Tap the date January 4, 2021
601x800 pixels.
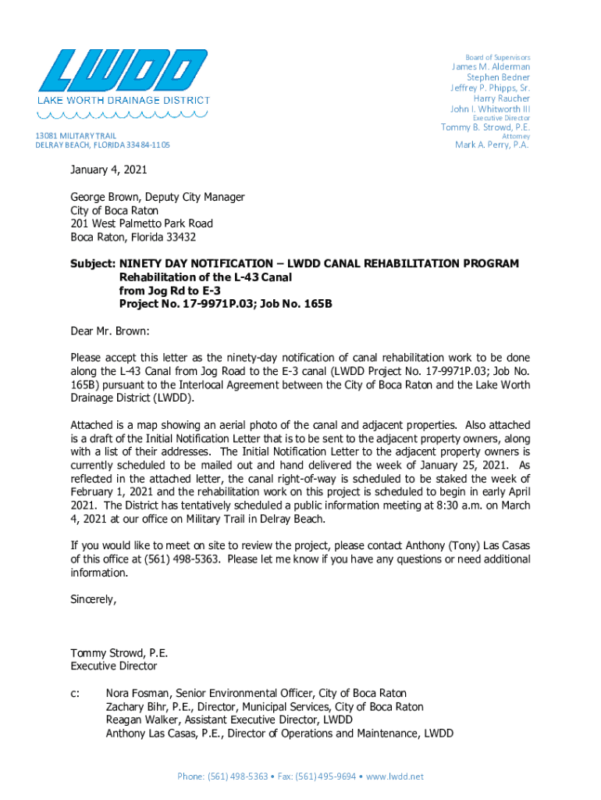[108, 170]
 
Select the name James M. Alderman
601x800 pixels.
[491, 67]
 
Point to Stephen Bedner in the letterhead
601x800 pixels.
[498, 77]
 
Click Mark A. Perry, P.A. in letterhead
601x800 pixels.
[492, 145]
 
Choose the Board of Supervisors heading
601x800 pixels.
[497, 57]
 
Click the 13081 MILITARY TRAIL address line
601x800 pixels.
[76, 136]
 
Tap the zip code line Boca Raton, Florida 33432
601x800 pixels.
[133, 237]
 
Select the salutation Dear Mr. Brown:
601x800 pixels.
[109, 331]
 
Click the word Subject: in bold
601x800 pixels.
[93, 264]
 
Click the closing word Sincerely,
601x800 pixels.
[94, 599]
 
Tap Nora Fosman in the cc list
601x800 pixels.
[139, 693]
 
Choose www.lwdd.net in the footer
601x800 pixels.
[395, 776]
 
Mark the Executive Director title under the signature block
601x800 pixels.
[114, 666]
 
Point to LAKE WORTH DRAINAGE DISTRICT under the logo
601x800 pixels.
[124, 100]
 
